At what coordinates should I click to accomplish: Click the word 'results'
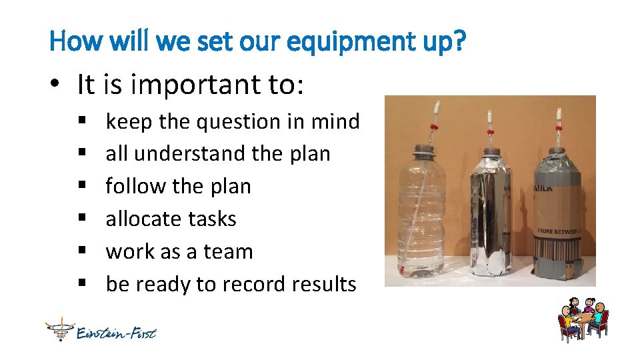pyautogui.click(x=325, y=285)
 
